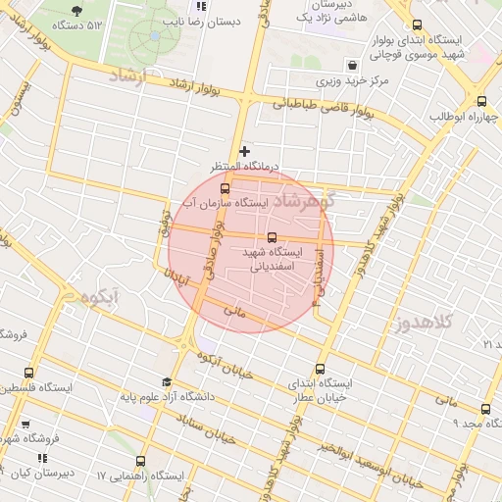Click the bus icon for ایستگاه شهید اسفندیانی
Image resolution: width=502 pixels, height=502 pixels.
(x=273, y=236)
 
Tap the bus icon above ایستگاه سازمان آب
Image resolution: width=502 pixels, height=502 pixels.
(x=226, y=187)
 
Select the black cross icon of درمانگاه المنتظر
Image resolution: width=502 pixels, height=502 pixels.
(x=244, y=151)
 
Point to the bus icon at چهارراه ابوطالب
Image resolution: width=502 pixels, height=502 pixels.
(x=480, y=101)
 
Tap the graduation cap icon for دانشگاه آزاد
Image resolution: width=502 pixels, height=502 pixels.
(x=167, y=382)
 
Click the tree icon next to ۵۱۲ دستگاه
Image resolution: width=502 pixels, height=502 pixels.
(x=76, y=10)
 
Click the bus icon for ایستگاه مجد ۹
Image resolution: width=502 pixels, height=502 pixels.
(x=485, y=409)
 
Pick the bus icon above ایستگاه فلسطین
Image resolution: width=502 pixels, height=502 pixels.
(x=28, y=373)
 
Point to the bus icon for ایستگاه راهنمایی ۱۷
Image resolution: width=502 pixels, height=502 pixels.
(x=140, y=460)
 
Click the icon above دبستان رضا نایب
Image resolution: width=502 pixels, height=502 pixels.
(x=201, y=6)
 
